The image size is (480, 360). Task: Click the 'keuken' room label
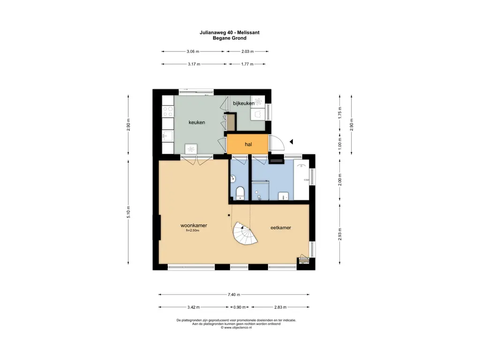(196, 122)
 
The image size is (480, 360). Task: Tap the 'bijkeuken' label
(244, 104)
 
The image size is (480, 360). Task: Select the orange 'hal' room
(247, 144)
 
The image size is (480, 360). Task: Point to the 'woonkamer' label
(194, 225)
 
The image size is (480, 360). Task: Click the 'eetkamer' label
(281, 227)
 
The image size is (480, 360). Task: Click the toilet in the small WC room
(240, 193)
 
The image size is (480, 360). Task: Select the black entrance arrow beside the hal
(292, 142)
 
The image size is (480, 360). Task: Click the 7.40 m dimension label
(234, 294)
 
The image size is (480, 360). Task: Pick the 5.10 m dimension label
(128, 212)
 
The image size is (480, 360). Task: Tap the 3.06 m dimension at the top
(193, 52)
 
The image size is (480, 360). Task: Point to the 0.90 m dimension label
(240, 307)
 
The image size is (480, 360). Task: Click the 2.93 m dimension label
(340, 234)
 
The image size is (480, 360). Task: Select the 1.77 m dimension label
(247, 64)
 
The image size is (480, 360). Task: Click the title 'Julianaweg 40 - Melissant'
(230, 32)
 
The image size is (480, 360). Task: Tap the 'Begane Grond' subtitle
(230, 38)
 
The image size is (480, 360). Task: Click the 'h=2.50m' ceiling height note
(193, 231)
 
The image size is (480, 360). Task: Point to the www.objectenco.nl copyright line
(236, 328)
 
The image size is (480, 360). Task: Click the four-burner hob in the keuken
(168, 112)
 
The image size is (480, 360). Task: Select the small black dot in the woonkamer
(229, 215)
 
